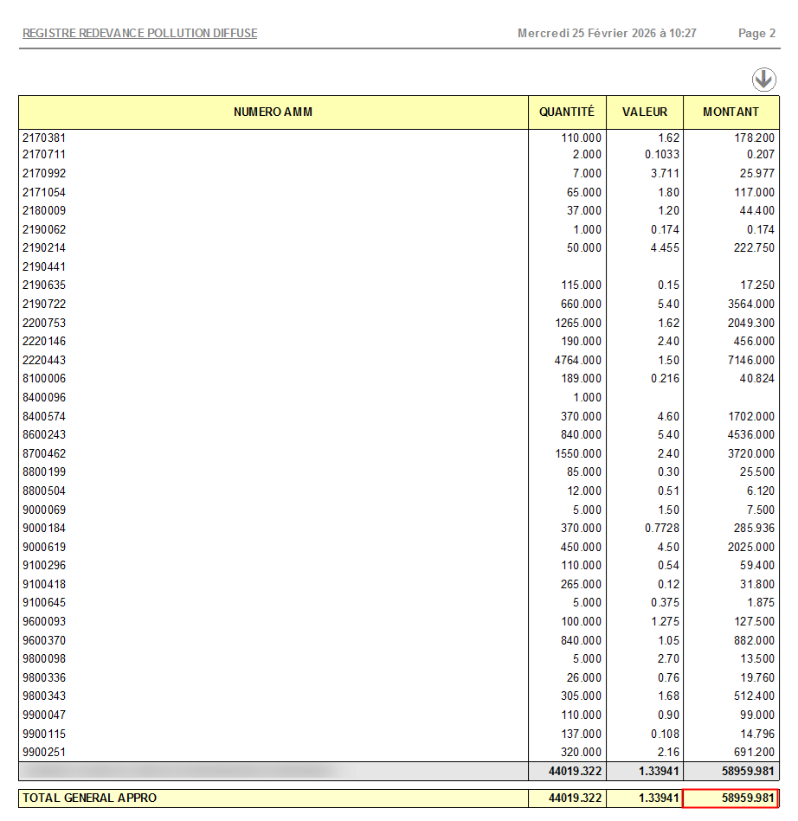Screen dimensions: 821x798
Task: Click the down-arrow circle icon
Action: [x=763, y=80]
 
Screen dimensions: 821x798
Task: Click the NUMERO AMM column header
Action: [x=273, y=112]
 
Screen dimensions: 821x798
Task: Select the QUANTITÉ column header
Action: [x=567, y=112]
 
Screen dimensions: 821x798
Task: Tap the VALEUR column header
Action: [x=645, y=112]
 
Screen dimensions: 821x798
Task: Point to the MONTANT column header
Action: [x=730, y=112]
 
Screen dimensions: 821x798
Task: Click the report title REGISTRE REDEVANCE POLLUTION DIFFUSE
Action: [x=139, y=34]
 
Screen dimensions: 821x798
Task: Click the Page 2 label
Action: [x=756, y=34]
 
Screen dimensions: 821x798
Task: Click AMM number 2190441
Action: [x=44, y=267]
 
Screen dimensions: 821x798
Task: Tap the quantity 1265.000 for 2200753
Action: [x=577, y=323]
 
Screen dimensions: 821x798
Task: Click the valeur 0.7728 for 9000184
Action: [x=661, y=529]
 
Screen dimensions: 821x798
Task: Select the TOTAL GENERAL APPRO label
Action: [x=90, y=798]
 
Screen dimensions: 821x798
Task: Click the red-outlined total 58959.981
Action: [x=730, y=798]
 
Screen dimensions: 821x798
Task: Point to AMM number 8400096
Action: [x=44, y=398]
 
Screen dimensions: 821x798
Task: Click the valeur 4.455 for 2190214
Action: [x=665, y=248]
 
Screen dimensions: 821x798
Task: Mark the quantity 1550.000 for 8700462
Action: [x=577, y=454]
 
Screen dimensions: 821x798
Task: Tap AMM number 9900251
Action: [x=44, y=753]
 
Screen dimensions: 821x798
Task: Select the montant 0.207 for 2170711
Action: [x=760, y=155]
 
